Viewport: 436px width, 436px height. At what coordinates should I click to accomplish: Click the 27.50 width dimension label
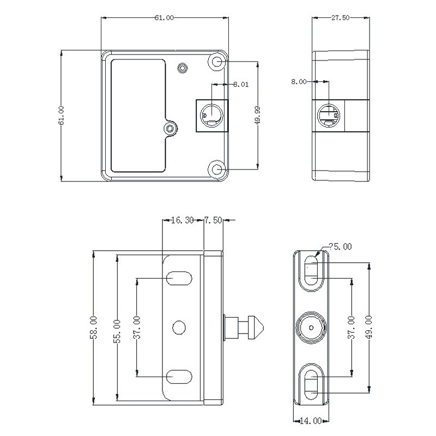coord(340,18)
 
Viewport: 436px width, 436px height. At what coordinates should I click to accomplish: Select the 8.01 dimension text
coord(241,84)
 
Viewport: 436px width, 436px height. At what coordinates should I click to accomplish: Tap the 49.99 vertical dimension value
coord(257,115)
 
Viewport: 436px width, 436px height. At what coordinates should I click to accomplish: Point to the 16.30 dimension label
coord(183,220)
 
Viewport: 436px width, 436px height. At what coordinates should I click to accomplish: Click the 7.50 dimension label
coord(214,220)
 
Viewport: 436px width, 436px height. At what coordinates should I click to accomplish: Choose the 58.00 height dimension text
coord(93,328)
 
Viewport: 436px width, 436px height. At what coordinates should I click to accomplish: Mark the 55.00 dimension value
coord(117,331)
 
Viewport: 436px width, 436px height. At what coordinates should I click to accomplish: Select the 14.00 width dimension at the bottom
coord(311,421)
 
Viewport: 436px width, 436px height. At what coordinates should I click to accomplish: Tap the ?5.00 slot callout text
coord(340,247)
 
